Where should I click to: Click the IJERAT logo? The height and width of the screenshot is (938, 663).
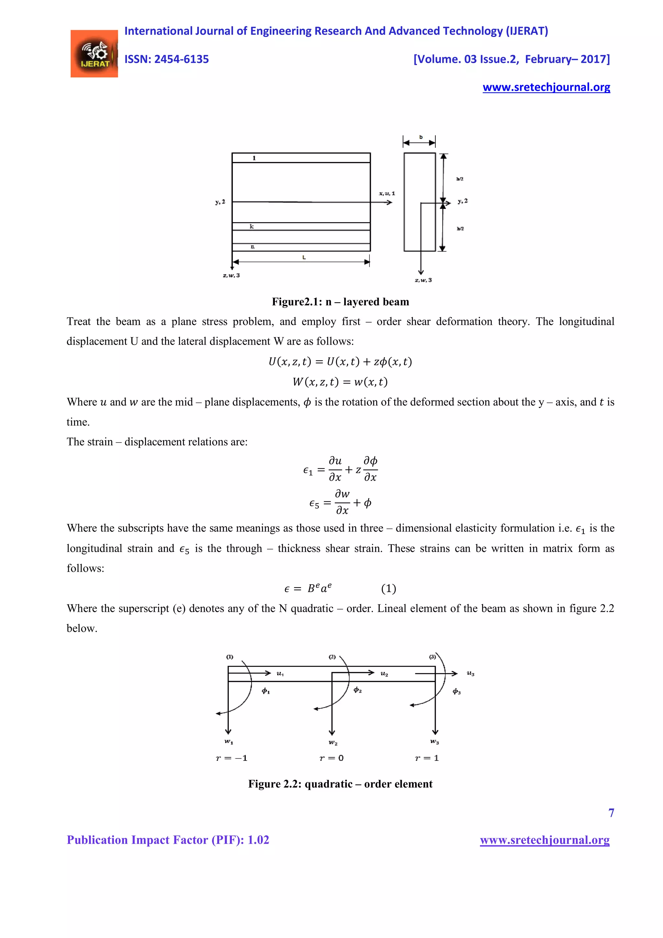click(94, 53)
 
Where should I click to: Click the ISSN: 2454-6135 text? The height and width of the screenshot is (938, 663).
click(167, 59)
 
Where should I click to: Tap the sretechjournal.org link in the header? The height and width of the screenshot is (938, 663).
click(546, 87)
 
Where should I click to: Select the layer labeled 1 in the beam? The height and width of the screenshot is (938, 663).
click(301, 158)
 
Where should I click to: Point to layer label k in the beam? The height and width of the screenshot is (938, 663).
click(252, 226)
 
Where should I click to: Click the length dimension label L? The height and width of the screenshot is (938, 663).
click(304, 257)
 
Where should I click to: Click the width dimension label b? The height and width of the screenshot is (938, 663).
click(421, 137)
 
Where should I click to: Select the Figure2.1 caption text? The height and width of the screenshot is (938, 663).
click(340, 302)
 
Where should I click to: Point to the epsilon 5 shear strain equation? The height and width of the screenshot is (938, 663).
click(340, 502)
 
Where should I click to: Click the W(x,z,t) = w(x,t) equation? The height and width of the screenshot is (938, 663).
click(340, 382)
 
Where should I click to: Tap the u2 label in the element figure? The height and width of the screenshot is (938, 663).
click(384, 674)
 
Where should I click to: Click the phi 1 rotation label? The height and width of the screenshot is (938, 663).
click(266, 691)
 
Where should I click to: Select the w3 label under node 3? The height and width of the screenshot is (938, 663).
click(434, 741)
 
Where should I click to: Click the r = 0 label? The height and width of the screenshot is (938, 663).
click(331, 758)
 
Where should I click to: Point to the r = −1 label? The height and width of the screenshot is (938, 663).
click(231, 758)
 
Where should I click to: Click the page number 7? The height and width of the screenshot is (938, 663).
click(611, 813)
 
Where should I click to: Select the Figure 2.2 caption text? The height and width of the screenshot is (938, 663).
click(340, 784)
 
